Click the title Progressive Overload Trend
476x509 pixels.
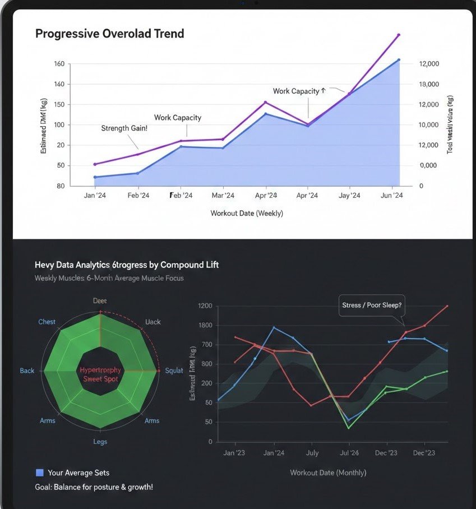point(109,34)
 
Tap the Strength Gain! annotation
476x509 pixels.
point(124,128)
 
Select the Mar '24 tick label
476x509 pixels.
point(223,196)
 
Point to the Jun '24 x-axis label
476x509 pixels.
point(391,196)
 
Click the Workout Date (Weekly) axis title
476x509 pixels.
point(247,214)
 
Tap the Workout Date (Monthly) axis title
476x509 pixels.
point(328,473)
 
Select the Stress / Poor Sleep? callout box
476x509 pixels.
point(372,306)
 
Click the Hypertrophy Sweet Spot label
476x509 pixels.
point(100,374)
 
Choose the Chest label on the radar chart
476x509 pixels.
point(47,322)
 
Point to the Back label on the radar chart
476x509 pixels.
point(27,371)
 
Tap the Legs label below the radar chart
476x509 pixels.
point(100,442)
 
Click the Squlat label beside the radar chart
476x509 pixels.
point(174,371)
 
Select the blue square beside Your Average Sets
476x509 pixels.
point(39,473)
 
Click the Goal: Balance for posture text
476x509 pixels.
point(94,487)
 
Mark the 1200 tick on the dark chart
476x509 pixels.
point(205,306)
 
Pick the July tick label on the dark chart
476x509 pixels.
point(312,453)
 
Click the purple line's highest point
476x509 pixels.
point(399,35)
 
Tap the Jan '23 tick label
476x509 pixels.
point(234,453)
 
